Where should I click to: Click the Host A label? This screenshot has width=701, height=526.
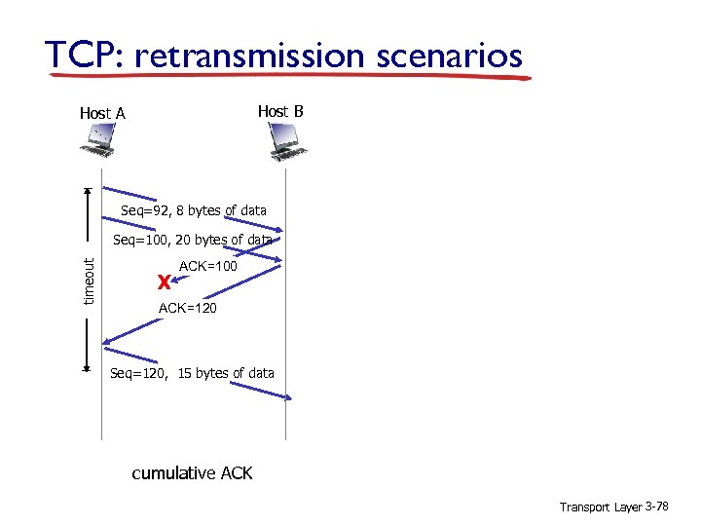[x=102, y=113]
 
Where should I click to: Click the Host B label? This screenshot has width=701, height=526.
[x=280, y=111]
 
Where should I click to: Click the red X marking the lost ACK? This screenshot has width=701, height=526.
[x=164, y=282]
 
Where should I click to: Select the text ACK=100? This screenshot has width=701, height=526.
[x=208, y=265]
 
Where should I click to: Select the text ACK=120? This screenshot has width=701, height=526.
[x=187, y=308]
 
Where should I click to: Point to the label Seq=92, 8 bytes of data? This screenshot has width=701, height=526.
[x=194, y=210]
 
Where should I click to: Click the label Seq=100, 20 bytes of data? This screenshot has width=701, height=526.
[x=193, y=240]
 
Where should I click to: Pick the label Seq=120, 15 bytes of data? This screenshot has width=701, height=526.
[x=192, y=373]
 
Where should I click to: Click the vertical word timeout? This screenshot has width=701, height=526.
[x=89, y=280]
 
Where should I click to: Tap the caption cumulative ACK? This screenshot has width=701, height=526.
[x=192, y=473]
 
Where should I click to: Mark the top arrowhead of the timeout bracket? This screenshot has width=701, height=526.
[x=88, y=191]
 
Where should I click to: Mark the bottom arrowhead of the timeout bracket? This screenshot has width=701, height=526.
[x=88, y=370]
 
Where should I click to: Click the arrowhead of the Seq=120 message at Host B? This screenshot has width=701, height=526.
[x=289, y=396]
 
